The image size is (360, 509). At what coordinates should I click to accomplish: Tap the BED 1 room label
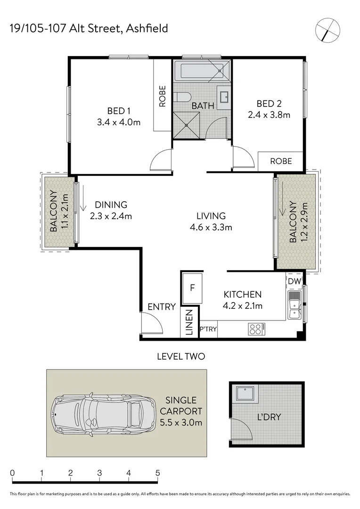[x=119, y=111]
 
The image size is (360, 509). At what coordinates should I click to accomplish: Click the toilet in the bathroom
[x=182, y=98]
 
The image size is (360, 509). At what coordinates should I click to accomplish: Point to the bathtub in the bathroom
[x=201, y=72]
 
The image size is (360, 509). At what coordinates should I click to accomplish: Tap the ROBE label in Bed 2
[x=281, y=161]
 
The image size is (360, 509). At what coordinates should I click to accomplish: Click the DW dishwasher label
[x=294, y=281]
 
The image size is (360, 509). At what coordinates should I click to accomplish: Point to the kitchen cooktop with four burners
[x=256, y=329]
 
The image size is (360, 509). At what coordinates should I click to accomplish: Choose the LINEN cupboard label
[x=188, y=323]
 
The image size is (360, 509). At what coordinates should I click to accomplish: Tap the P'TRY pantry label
[x=208, y=329]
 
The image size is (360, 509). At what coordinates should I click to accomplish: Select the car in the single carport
[x=104, y=413]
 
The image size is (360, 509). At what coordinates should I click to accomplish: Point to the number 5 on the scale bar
[x=157, y=473]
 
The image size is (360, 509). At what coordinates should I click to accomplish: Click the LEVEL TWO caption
[x=181, y=356]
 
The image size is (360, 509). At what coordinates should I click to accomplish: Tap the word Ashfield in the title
[x=147, y=29]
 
